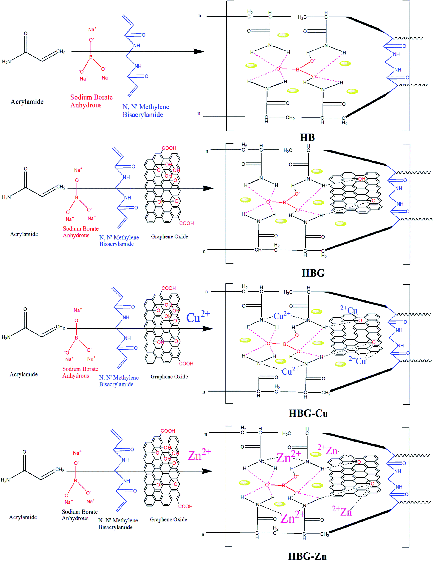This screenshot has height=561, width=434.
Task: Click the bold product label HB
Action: click(307, 137)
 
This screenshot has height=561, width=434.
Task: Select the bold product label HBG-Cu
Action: click(308, 413)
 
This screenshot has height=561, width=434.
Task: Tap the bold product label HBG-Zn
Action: click(307, 556)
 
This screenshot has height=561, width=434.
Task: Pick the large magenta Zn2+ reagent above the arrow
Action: click(200, 455)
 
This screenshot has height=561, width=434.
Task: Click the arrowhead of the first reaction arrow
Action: click(199, 51)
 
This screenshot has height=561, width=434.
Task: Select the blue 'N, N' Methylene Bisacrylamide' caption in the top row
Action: click(146, 111)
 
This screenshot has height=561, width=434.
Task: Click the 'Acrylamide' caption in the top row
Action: click(27, 102)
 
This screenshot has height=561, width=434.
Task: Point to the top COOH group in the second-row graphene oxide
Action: click(169, 148)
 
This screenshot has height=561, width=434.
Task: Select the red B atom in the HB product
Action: click(297, 69)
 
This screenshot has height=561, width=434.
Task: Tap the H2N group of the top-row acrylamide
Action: click(6, 62)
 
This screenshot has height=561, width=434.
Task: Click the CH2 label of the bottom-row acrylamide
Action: click(60, 469)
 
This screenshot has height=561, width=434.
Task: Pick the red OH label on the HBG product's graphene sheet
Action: click(361, 179)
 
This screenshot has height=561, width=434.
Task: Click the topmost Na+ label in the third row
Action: click(78, 310)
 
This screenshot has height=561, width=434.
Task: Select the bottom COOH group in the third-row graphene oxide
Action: click(186, 364)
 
